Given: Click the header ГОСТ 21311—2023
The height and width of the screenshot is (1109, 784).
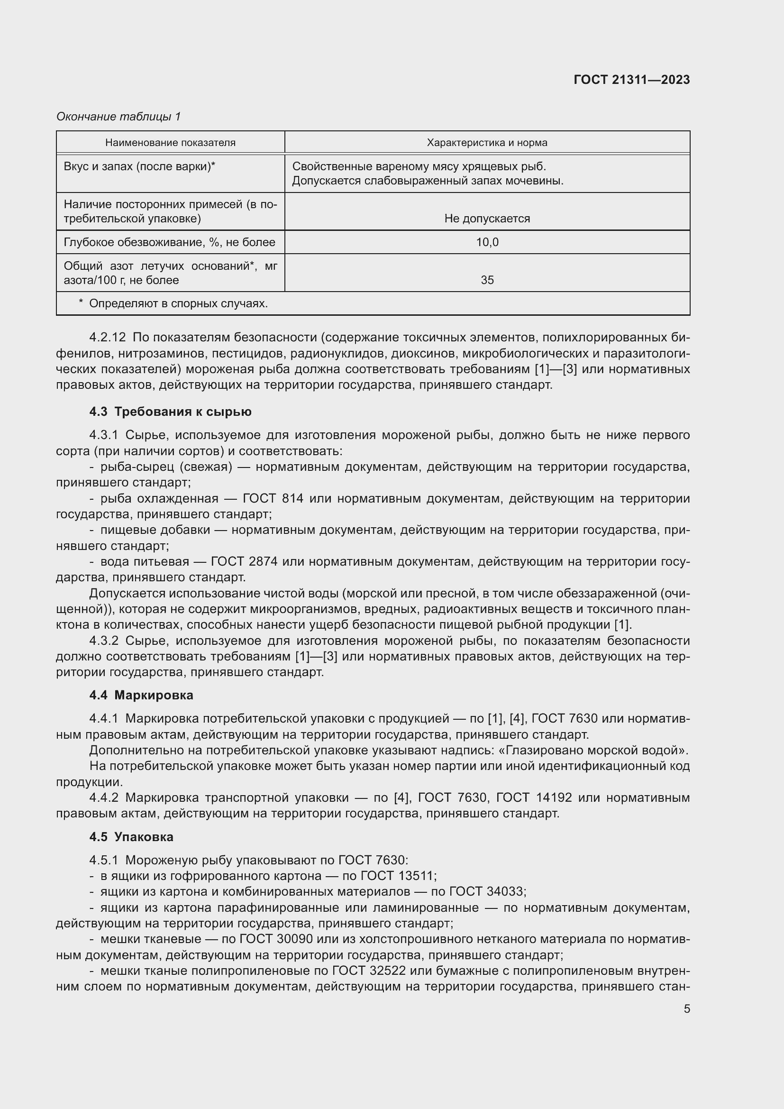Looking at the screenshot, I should point(631,80).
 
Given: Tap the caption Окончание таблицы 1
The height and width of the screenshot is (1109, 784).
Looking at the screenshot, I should point(119,117).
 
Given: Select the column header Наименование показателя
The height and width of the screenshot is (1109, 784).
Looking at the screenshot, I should point(170,143).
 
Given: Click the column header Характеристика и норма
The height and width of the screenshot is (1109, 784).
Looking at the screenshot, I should point(487,143).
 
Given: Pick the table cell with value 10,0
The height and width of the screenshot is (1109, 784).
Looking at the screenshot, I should point(487,242).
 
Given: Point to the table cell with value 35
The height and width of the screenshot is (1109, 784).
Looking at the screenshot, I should point(487,280).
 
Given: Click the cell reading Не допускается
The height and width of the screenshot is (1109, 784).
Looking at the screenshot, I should point(487,219).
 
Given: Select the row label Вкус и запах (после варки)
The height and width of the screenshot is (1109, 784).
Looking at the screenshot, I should point(139,166).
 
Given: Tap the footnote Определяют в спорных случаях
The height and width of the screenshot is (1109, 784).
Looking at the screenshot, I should point(178,304).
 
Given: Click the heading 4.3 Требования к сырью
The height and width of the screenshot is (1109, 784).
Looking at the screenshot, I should point(170,412).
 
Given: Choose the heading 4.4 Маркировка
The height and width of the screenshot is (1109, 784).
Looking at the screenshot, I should point(141,695).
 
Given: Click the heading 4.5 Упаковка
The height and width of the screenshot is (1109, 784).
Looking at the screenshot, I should point(131,836).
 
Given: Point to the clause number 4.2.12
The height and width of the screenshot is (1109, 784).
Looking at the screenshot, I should point(107,338).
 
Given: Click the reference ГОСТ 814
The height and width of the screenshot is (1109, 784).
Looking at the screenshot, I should point(273,498).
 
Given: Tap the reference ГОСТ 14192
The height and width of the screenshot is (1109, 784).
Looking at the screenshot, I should point(533,797).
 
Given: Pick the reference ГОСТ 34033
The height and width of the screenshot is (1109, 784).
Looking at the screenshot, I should point(487,892).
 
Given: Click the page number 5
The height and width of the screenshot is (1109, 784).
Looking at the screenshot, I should point(686,1009).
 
